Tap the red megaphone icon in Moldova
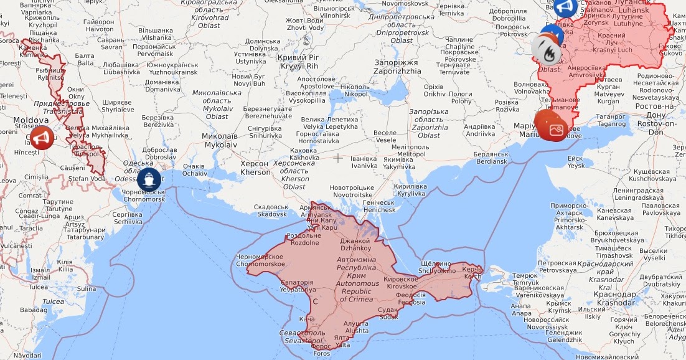click(42, 137)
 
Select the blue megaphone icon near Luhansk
click(565, 7)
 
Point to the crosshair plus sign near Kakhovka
click(338, 158)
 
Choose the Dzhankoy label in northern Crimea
click(355, 244)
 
